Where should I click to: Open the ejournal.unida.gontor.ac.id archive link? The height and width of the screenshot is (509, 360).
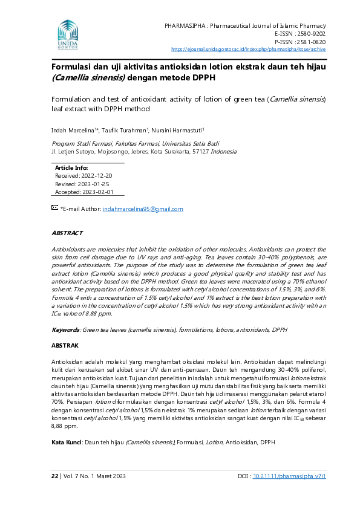coord(249,50)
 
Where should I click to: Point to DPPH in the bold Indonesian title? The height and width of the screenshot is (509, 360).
coord(200,78)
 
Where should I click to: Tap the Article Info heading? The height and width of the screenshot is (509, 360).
coord(71,167)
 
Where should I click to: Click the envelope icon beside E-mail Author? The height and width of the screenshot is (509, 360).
coord(54,208)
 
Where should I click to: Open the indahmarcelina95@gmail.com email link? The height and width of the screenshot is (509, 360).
coord(143,209)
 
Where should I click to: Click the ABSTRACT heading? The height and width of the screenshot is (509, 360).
coord(67,233)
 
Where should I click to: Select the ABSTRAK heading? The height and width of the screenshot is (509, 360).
coord(65,345)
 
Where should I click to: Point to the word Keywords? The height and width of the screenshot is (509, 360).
coord(65,329)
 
